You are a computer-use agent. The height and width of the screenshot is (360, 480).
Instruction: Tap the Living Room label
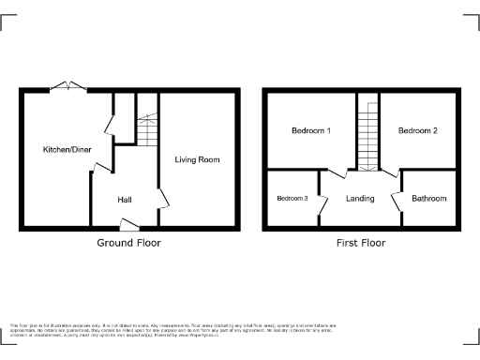(197, 159)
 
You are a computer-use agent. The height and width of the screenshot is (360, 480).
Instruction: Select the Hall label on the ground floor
(124, 201)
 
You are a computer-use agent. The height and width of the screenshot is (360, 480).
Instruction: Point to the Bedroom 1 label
(309, 130)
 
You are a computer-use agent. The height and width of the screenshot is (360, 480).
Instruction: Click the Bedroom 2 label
(417, 130)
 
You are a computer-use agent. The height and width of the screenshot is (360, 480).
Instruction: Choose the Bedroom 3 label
(292, 198)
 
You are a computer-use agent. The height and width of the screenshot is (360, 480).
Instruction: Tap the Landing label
(360, 199)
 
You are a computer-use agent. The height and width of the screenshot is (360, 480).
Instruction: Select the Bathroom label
(429, 199)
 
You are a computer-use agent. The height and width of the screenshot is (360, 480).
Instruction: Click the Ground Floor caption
(128, 243)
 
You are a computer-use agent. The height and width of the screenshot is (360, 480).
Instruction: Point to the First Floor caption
(361, 243)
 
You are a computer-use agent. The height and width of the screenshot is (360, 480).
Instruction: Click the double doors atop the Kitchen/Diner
(68, 86)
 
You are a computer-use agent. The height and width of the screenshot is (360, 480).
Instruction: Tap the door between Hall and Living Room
(162, 199)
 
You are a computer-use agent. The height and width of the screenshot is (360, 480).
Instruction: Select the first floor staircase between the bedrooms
(367, 136)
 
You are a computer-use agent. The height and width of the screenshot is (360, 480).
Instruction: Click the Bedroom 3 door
(322, 199)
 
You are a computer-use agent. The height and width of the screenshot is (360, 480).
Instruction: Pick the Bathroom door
(397, 199)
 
